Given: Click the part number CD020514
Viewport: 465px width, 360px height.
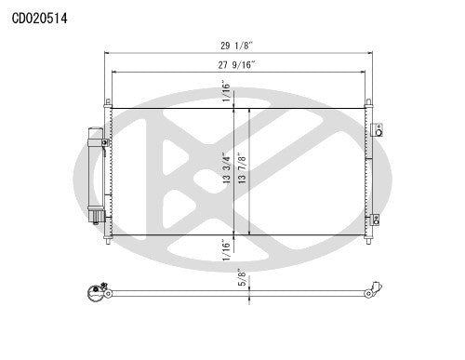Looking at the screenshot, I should pos(38,18).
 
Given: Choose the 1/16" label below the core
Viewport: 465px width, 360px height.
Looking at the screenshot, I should pos(225,249).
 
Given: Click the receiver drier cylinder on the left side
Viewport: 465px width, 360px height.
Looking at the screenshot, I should pos(96,171).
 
